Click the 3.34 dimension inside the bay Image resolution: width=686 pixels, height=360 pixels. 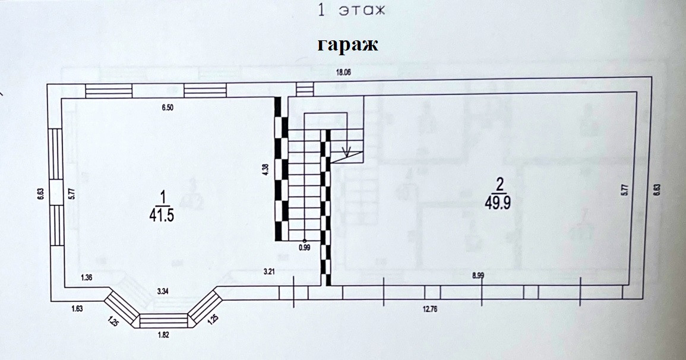(x=164, y=292)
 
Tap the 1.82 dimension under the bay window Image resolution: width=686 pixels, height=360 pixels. (x=164, y=335)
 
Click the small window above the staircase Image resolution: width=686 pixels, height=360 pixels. (x=304, y=89)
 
